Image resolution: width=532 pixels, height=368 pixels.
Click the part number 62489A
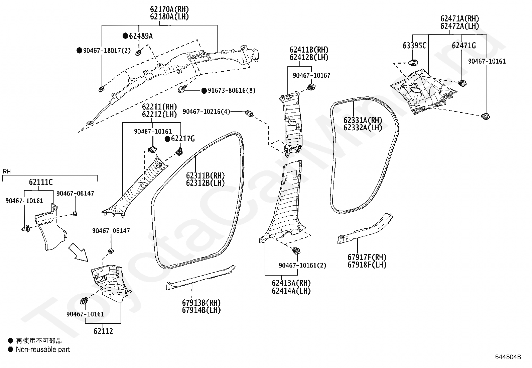(x=141, y=36)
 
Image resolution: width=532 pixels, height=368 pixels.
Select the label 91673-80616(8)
(x=232, y=90)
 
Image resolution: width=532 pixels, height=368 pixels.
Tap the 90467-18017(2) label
(x=107, y=51)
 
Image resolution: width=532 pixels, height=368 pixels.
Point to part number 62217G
(x=183, y=139)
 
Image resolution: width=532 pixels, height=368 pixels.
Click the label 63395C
(x=414, y=46)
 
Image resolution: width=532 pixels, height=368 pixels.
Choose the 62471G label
(x=463, y=46)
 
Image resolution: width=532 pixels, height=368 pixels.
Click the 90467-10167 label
(x=311, y=75)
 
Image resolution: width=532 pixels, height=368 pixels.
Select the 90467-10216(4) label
(x=207, y=112)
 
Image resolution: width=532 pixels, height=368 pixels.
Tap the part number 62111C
(x=41, y=182)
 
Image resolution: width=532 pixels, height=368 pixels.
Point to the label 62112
(x=103, y=331)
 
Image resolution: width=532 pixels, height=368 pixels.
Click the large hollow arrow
(x=79, y=252)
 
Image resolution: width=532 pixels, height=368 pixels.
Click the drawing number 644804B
(x=508, y=357)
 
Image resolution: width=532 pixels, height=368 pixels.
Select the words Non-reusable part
(x=43, y=350)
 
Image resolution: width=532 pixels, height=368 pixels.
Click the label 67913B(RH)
(x=202, y=303)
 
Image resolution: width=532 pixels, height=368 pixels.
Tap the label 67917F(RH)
(x=367, y=257)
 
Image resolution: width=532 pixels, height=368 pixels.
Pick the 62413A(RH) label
(x=291, y=283)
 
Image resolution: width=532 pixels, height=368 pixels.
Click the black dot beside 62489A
(x=125, y=36)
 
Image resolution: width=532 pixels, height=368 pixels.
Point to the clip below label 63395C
(x=413, y=63)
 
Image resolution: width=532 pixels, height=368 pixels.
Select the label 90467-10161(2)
(x=302, y=266)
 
